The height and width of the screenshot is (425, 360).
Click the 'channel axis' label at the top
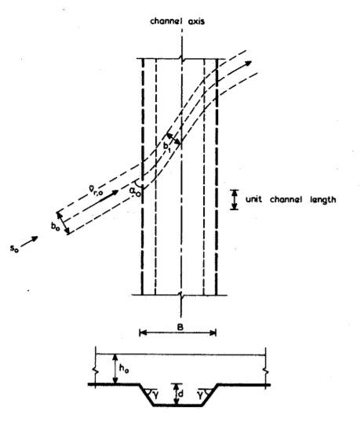[177, 21]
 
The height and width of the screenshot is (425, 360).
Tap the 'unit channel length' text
[291, 200]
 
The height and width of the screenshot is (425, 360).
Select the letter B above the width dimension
[180, 327]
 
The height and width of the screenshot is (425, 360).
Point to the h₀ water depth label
[124, 369]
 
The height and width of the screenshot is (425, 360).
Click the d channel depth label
[180, 394]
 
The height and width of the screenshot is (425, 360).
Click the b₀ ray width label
[55, 227]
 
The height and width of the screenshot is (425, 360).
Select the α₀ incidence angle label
[135, 191]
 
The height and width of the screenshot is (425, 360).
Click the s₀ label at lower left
[14, 248]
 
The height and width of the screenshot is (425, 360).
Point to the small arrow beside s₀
[29, 242]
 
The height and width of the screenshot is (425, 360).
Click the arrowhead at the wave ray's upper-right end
[248, 64]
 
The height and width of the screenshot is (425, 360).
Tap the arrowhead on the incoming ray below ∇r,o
[115, 192]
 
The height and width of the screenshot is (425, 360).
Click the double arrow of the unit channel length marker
[235, 200]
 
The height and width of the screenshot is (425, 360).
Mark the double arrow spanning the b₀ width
[63, 223]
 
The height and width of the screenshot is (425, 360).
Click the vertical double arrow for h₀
[116, 369]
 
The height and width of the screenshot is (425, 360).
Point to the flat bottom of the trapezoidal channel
[178, 405]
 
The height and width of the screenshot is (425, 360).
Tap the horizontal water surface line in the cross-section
[180, 354]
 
